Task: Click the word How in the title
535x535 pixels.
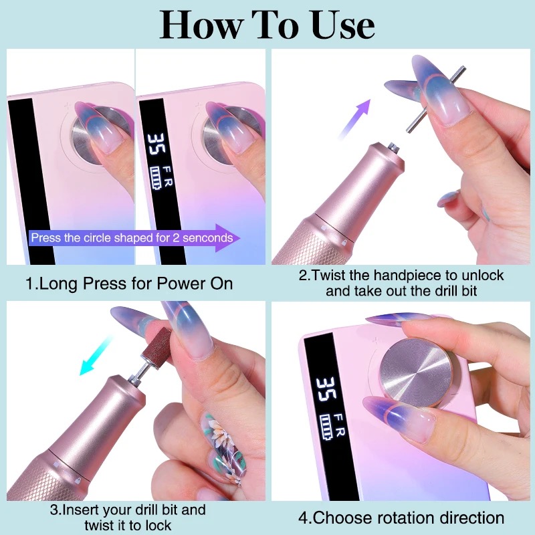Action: tap(202, 25)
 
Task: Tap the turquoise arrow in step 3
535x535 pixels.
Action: tap(96, 356)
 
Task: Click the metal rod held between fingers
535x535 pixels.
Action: tap(436, 99)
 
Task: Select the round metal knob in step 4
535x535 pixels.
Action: tap(415, 372)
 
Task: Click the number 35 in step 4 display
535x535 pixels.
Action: tap(326, 389)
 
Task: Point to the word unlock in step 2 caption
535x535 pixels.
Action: tap(483, 275)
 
